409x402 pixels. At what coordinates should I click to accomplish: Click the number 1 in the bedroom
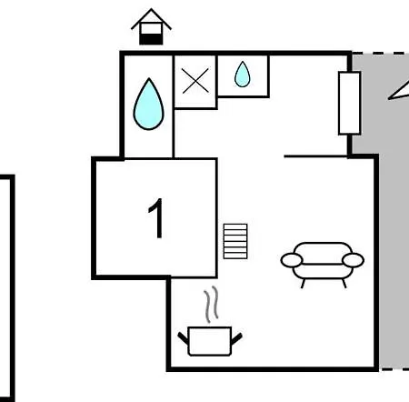click(156, 218)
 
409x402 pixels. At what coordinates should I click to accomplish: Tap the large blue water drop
click(149, 105)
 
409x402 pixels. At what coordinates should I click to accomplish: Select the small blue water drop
click(243, 75)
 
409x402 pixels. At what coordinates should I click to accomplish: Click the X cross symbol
click(195, 81)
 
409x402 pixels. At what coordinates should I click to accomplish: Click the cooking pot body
click(210, 341)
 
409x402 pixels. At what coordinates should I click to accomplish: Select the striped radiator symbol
click(235, 241)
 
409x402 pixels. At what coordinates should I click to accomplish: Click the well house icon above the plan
click(151, 26)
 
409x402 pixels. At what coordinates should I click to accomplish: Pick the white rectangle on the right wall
click(349, 103)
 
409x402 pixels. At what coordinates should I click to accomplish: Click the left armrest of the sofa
click(292, 260)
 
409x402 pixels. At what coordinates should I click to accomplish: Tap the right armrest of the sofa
click(353, 260)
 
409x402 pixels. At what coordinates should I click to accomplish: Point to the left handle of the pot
click(183, 338)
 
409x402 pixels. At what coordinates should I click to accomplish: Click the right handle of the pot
click(236, 338)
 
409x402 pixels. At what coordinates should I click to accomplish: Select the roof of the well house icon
click(151, 19)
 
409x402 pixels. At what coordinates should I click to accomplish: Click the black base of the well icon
click(151, 39)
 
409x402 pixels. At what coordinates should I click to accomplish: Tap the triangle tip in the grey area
click(389, 98)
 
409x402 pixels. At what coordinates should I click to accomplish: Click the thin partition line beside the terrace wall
click(315, 156)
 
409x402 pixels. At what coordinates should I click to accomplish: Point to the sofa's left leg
click(303, 283)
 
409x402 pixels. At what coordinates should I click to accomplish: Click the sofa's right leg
click(344, 283)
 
